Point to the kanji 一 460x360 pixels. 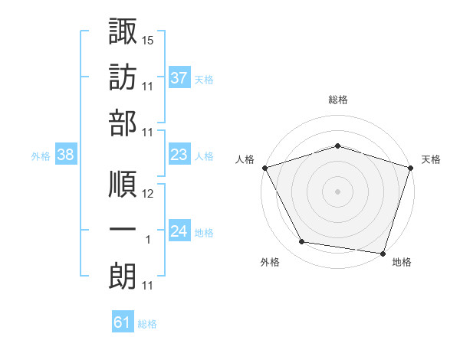[123, 231]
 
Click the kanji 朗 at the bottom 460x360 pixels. [123, 277]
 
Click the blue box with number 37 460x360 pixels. [179, 77]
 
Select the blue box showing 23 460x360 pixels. [179, 155]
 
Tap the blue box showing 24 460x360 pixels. [179, 231]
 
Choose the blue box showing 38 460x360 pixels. [66, 155]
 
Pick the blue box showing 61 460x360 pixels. [123, 322]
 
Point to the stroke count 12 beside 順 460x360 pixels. [148, 194]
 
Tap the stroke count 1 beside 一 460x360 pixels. [148, 240]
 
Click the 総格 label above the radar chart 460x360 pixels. [337, 100]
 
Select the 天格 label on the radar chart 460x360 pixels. [431, 159]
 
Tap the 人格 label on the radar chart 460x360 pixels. [244, 159]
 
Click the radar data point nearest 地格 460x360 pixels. [383, 254]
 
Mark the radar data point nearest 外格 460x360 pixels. [302, 242]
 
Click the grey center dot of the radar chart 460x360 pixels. [337, 191]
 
